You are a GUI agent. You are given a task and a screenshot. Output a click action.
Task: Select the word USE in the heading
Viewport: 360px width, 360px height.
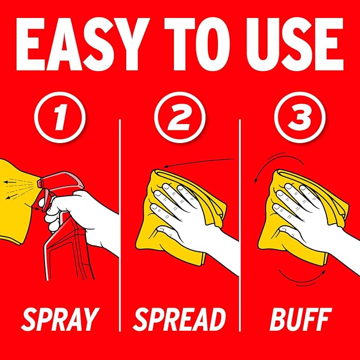[295, 45]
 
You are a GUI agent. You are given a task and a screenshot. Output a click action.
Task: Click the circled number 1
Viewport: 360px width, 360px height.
[60, 117]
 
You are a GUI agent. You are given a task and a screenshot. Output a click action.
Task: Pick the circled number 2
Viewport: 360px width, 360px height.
[180, 117]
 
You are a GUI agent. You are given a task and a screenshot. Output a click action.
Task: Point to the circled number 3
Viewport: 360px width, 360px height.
[300, 117]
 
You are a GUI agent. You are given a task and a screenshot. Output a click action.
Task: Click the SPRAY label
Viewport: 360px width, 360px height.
[60, 319]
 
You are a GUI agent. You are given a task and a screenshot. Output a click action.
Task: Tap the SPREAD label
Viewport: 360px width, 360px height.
[180, 319]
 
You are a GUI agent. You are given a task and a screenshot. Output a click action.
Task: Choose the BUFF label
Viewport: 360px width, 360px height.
[301, 319]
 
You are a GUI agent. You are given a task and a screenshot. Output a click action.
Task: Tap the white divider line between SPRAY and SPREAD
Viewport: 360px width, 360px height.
[120, 225]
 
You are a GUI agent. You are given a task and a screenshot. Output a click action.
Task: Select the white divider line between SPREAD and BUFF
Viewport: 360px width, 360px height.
[240, 225]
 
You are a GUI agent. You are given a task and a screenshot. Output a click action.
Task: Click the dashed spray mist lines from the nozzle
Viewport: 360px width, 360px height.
[20, 188]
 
